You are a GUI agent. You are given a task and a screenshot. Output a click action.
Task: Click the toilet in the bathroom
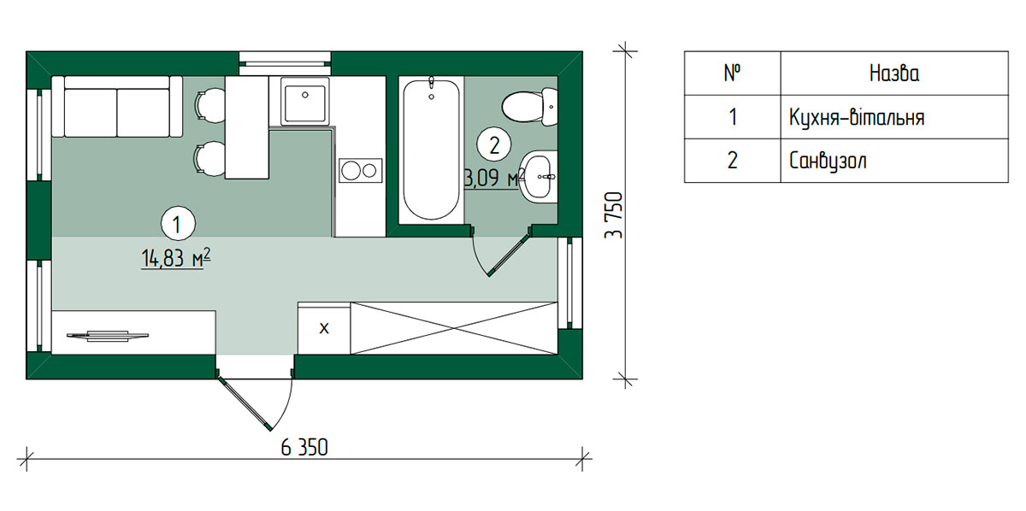click(529, 107)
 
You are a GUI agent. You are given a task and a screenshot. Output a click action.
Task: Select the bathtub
click(431, 150)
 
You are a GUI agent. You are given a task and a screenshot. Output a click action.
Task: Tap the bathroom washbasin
click(539, 177)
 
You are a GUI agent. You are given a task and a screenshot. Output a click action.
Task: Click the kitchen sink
click(304, 101)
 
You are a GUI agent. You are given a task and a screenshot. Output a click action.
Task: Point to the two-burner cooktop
click(361, 171)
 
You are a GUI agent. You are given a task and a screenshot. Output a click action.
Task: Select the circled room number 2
click(494, 144)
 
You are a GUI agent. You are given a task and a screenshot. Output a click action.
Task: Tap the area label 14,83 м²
click(176, 259)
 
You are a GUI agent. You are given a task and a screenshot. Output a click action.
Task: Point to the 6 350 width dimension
click(304, 448)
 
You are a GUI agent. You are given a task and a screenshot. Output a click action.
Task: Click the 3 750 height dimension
click(614, 215)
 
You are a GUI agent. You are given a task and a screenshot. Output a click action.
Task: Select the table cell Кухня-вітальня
click(857, 118)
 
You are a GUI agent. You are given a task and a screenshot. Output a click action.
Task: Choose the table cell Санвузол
click(828, 162)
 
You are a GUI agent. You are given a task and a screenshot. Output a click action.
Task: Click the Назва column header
click(894, 73)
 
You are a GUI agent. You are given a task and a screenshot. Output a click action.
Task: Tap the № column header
click(733, 73)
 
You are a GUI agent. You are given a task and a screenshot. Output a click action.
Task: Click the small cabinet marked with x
click(324, 328)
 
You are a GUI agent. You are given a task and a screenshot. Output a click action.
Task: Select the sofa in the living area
click(117, 106)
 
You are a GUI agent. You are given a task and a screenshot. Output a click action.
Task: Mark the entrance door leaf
click(244, 404)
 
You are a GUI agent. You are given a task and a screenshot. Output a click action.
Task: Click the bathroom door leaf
click(510, 255)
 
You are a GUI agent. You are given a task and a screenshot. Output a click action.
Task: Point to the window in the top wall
click(285, 63)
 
